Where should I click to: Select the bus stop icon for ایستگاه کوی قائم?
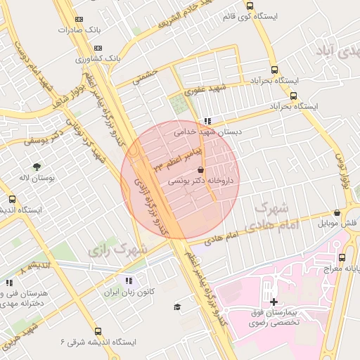coord(250,6)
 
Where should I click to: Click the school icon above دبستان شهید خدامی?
coord(206,121)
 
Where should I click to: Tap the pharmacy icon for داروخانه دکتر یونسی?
coord(202,170)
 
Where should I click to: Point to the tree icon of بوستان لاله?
coord(36,167)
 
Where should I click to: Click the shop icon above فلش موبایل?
coord(337,213)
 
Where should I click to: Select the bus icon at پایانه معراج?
coord(342,257)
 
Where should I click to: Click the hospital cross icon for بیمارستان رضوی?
coord(274,302)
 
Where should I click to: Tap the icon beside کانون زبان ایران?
coord(128,281)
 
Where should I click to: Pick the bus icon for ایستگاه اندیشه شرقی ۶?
coord(97,331)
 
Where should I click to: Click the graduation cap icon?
coord(177,307)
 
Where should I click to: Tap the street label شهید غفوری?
coord(204,89)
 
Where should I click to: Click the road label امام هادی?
coord(243,234)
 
